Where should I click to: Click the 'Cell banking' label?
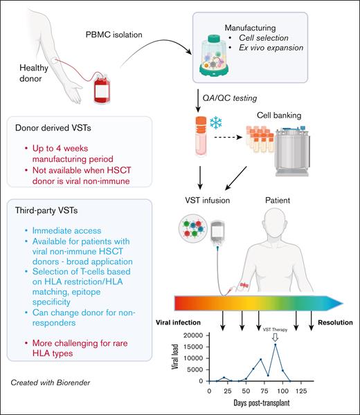click(x=298, y=116)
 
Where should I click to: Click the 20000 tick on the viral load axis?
click(x=193, y=335)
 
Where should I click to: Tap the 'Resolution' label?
click(x=336, y=322)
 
